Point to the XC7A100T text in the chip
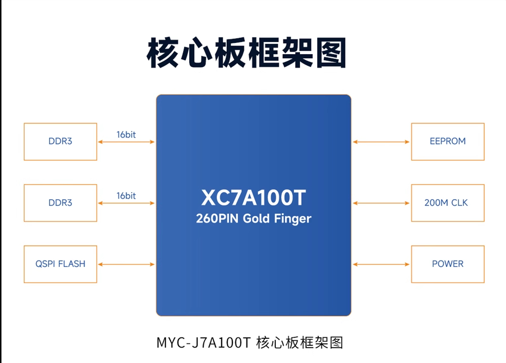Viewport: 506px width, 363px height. tap(254, 197)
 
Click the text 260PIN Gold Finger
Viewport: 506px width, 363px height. tap(254, 218)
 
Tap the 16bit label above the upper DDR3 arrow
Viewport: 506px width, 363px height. tap(126, 134)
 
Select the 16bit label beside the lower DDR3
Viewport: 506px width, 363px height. tap(126, 196)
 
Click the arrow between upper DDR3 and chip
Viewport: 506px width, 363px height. tap(126, 142)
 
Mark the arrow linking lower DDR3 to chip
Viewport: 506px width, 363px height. tap(126, 203)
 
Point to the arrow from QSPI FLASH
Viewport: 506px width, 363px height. tap(126, 264)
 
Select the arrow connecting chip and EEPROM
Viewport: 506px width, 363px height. tap(381, 142)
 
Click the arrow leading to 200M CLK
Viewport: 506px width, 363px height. tap(381, 203)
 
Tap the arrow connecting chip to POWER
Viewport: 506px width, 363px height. tap(381, 264)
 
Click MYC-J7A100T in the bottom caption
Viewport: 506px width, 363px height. tap(203, 343)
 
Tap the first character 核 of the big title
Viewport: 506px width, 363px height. tap(162, 53)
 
